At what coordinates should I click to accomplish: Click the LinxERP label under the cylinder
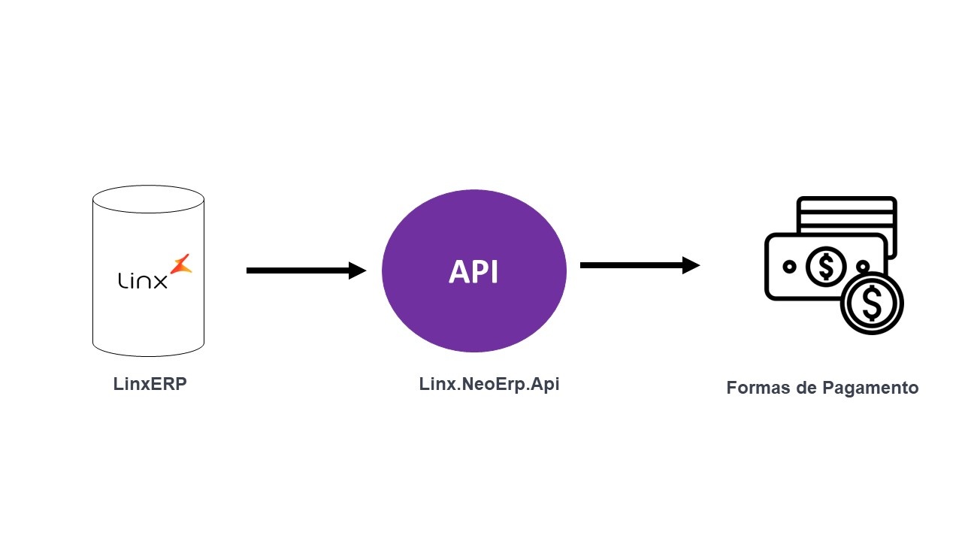point(150,384)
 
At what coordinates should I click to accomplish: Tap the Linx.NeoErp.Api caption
point(489,384)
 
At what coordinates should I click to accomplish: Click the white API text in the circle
point(473,272)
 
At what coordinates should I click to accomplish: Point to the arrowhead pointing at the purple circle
point(358,270)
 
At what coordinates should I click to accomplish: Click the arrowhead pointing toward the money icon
point(691,265)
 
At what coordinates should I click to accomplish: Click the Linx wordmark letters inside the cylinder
point(143,280)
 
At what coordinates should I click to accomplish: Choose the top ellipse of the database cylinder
point(148,198)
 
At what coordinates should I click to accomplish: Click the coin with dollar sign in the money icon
point(872,303)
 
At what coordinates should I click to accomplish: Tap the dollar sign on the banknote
point(826,266)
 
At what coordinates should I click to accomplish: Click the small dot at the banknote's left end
point(789,266)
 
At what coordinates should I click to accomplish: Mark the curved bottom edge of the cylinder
point(148,354)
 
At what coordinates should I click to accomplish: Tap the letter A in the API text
point(458,272)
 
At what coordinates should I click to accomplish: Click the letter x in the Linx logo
point(160,281)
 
